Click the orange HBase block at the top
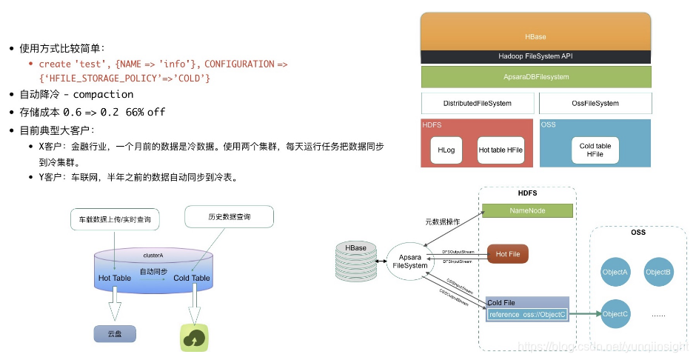(x=535, y=32)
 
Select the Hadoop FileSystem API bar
(x=535, y=56)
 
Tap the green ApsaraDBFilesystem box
(x=535, y=77)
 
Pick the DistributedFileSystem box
(x=476, y=103)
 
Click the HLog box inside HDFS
(x=446, y=150)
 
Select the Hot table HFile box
(x=501, y=150)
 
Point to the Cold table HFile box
(x=595, y=150)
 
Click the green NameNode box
(x=527, y=210)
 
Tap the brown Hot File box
(x=507, y=254)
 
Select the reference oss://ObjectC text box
(x=527, y=314)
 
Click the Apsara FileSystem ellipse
(x=409, y=260)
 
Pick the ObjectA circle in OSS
(x=616, y=272)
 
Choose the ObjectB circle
(x=657, y=272)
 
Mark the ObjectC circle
(x=616, y=313)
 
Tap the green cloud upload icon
(x=194, y=337)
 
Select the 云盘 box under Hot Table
(x=115, y=334)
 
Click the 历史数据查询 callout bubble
(x=229, y=217)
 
